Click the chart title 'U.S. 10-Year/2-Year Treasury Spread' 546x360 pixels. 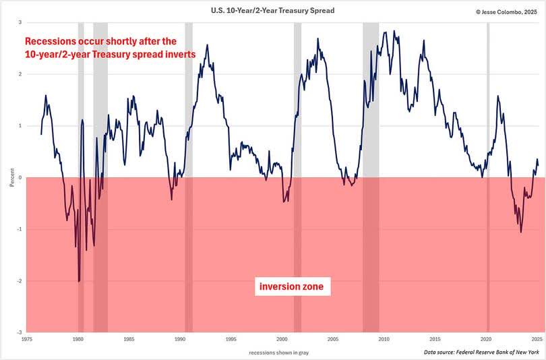(272, 10)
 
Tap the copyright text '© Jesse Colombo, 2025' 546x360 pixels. (505, 11)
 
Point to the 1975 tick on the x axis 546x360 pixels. (27, 339)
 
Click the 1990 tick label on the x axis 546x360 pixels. (180, 339)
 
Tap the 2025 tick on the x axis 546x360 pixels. (537, 339)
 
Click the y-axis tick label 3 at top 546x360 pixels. (20, 23)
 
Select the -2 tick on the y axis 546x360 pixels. (19, 281)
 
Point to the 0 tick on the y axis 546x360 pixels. (20, 178)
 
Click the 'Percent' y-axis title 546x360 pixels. (11, 178)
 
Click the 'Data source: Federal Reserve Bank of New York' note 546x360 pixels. (482, 352)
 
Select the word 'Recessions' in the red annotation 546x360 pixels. (52, 40)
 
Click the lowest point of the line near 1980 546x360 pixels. (79, 281)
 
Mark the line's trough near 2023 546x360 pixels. (521, 232)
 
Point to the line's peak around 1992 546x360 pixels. (206, 45)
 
